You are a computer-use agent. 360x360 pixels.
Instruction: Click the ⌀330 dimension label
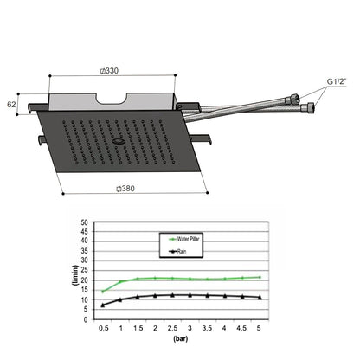pyautogui.click(x=109, y=71)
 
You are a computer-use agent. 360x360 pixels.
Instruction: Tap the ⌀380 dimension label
pyautogui.click(x=125, y=189)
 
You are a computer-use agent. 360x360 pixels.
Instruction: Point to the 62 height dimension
pyautogui.click(x=11, y=105)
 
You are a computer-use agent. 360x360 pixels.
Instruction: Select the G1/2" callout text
pyautogui.click(x=336, y=82)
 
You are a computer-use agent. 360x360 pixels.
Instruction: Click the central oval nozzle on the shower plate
pyautogui.click(x=118, y=141)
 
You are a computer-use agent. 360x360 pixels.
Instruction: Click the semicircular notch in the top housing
pyautogui.click(x=112, y=99)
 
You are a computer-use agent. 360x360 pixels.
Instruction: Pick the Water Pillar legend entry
pyautogui.click(x=183, y=239)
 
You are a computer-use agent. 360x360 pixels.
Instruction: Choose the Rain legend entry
pyautogui.click(x=177, y=252)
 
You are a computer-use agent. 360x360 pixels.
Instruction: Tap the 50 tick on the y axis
pyautogui.click(x=84, y=222)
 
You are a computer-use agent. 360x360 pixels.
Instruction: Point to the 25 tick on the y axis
pyautogui.click(x=84, y=271)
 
